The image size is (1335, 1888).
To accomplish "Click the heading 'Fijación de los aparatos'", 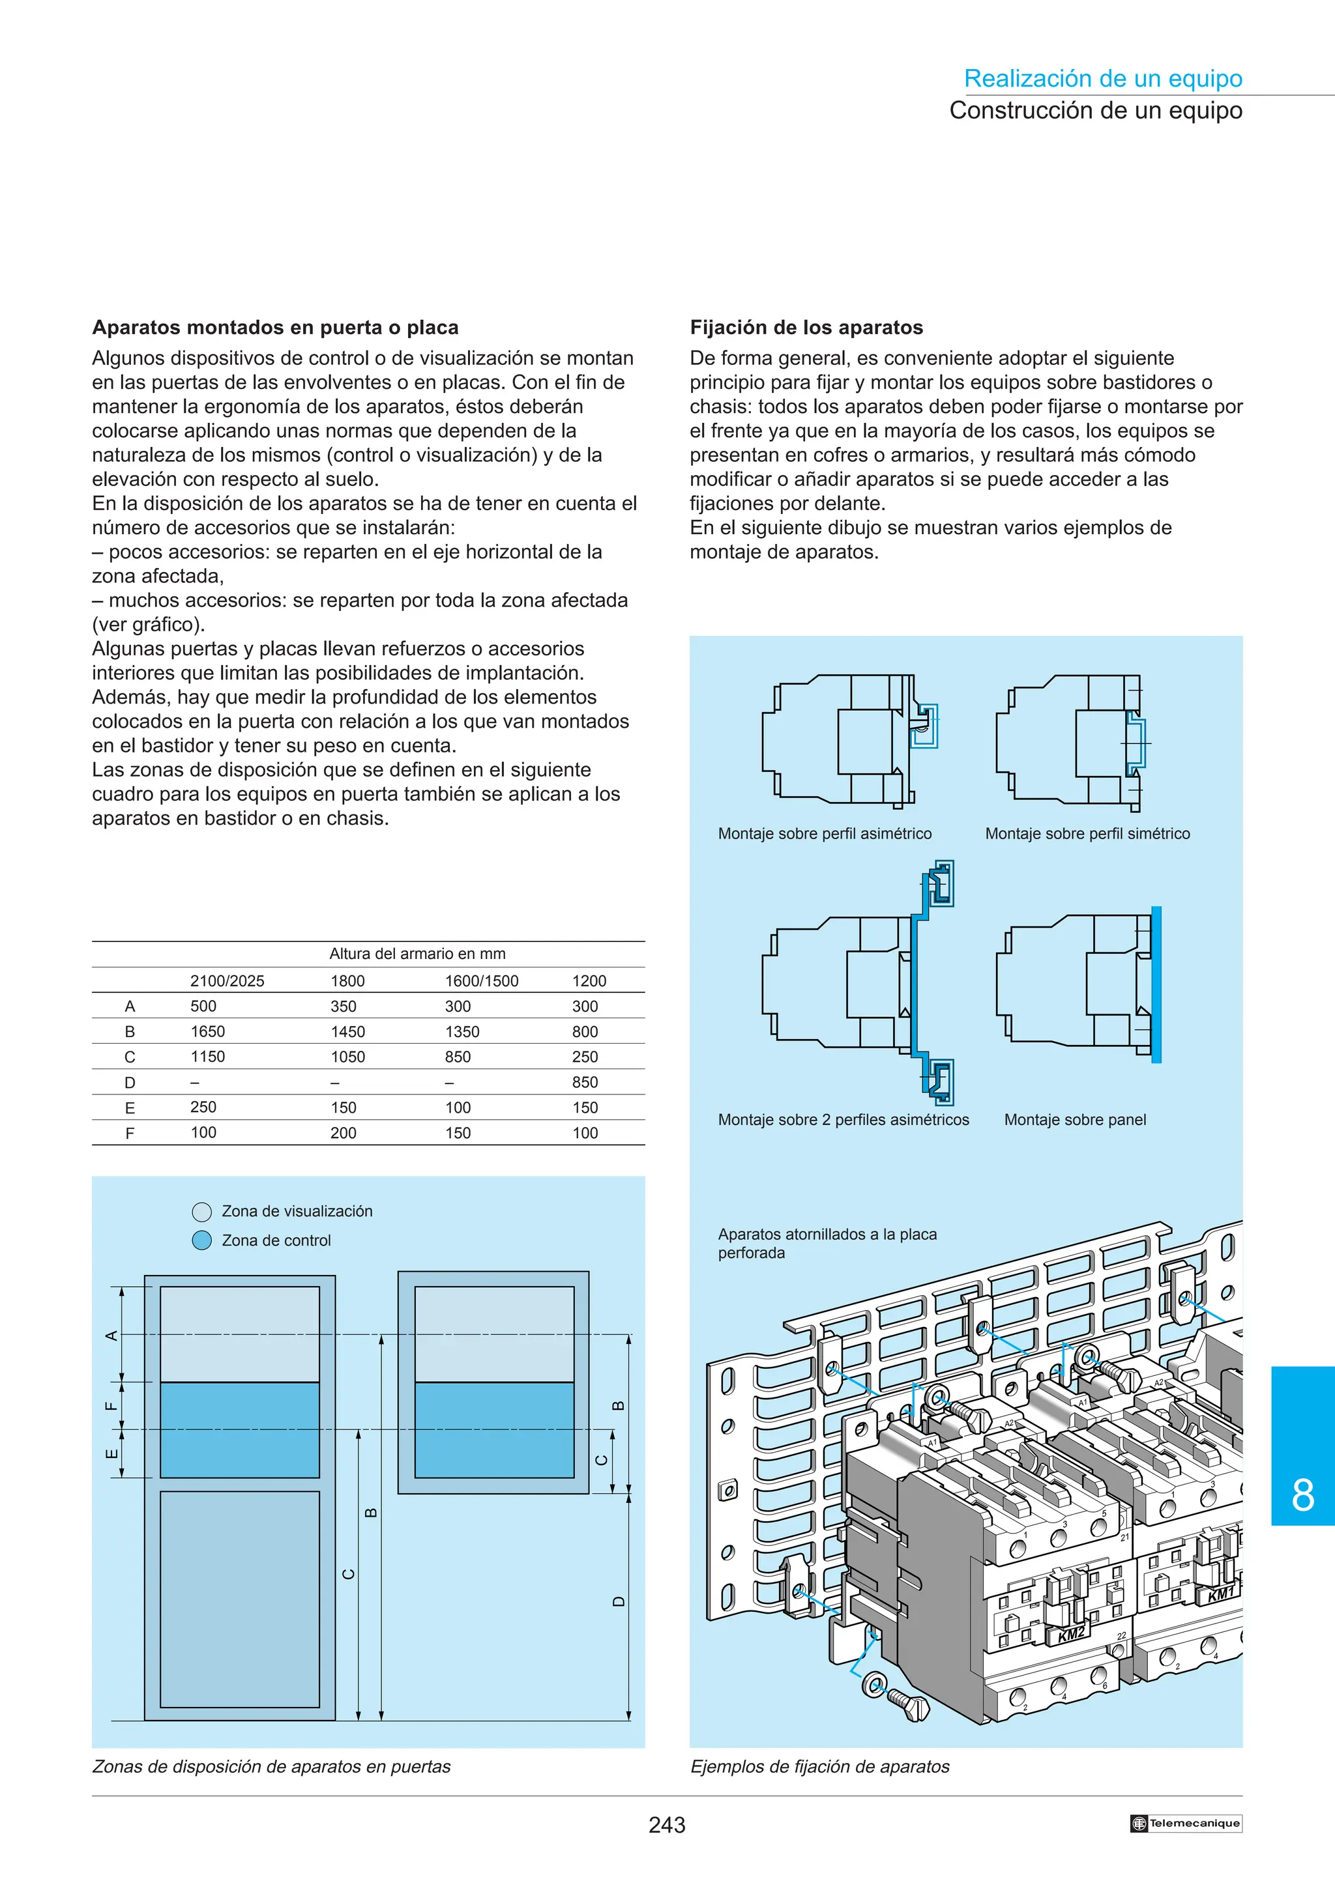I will pos(806,327).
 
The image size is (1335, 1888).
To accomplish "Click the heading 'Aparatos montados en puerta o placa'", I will pos(274,327).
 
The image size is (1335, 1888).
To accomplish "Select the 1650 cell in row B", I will pos(207,1031).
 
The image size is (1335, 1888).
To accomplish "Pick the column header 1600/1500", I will pos(481,980).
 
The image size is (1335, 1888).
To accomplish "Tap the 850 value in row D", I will pos(585,1082).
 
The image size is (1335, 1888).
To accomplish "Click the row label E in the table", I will pos(129,1108).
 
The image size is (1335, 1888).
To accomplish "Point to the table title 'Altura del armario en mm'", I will pos(417,954).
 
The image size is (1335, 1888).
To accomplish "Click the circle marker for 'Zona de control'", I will pos(201,1240).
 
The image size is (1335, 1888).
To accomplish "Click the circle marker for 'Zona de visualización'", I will pos(201,1211).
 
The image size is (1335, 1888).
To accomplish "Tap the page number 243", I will pos(666,1825).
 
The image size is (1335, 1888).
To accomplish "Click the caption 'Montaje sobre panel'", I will pos(1074,1119).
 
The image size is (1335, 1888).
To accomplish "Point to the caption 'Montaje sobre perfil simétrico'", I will pos(1087,833).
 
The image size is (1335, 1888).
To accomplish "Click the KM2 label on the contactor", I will pos(1070,1635).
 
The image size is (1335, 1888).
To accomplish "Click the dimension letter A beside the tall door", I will pos(111,1336).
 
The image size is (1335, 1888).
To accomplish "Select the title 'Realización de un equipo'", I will pos(1102,79).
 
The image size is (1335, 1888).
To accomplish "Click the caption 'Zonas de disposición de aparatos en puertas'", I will pos(271,1766).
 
